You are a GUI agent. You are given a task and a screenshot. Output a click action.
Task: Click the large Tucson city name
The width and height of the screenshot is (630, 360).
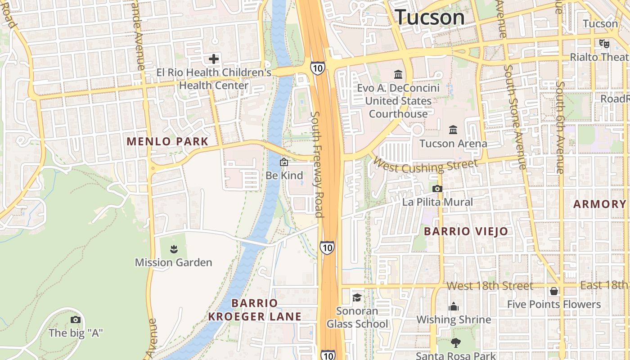[430, 17]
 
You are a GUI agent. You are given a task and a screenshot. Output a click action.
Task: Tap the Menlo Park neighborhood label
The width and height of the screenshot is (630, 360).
[167, 141]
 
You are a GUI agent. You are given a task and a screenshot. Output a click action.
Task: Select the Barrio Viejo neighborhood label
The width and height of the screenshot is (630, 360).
[466, 232]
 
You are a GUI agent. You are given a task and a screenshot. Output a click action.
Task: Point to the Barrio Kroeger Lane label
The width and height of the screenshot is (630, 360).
[255, 310]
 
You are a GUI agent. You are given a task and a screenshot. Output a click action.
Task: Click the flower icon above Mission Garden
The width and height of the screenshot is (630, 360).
[173, 249]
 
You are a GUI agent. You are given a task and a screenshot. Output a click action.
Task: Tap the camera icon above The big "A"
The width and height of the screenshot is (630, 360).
[76, 319]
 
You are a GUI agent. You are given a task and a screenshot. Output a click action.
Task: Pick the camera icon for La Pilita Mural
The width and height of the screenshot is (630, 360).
[437, 189]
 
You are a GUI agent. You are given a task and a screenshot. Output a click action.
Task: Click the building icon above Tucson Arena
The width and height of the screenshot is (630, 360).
[453, 130]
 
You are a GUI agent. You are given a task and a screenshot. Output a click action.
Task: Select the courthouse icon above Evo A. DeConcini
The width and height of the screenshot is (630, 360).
[398, 74]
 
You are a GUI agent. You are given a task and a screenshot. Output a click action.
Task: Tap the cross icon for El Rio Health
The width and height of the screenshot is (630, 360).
[214, 58]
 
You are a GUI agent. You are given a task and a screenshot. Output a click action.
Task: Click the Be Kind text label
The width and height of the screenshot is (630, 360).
[284, 175]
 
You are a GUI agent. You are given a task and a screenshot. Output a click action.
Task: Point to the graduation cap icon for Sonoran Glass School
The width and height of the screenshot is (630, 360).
[357, 297]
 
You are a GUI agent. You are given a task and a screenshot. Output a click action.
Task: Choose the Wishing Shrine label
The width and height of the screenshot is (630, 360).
[454, 319]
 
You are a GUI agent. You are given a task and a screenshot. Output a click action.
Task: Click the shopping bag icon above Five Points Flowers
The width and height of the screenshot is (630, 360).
[554, 291]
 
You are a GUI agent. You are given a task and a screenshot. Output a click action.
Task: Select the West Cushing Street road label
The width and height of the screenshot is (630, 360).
[425, 166]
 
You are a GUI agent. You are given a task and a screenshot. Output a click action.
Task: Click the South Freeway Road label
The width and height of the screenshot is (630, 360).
[317, 164]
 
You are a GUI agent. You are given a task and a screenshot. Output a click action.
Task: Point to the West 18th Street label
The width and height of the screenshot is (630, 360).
[490, 286]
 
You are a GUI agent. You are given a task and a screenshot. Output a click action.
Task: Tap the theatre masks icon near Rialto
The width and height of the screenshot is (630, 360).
[603, 43]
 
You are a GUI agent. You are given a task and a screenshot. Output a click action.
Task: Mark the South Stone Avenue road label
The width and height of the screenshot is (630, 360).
[515, 117]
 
